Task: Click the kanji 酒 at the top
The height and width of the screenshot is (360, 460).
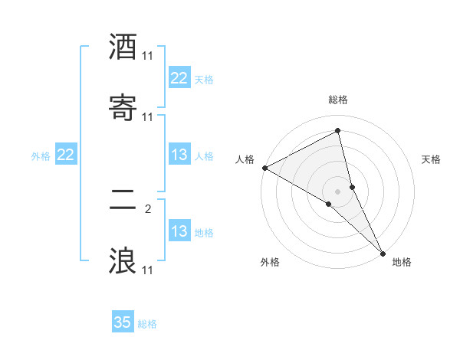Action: [123, 47]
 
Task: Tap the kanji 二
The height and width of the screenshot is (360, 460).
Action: [123, 201]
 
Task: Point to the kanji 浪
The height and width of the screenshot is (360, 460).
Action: [123, 260]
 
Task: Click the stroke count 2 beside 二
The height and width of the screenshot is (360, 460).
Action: [148, 208]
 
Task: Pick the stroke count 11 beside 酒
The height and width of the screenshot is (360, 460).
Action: [148, 56]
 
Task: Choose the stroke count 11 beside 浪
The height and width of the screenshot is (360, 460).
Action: [148, 270]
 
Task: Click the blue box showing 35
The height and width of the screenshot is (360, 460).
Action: [123, 322]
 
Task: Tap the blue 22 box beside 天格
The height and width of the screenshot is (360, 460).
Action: [179, 78]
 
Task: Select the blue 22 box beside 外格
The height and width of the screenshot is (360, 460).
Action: [66, 155]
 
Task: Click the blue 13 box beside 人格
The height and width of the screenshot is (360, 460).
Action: [179, 155]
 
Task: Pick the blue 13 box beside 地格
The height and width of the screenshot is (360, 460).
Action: [179, 231]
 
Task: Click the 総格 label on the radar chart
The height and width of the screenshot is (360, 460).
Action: [338, 100]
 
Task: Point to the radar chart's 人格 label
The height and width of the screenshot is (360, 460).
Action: [245, 159]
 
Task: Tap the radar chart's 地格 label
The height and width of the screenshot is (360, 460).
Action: [402, 262]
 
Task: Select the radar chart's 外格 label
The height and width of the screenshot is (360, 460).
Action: [270, 262]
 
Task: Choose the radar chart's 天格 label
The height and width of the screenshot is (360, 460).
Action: [432, 159]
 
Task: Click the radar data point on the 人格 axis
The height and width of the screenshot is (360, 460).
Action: [264, 168]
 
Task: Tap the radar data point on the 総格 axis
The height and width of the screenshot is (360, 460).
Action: [338, 131]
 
